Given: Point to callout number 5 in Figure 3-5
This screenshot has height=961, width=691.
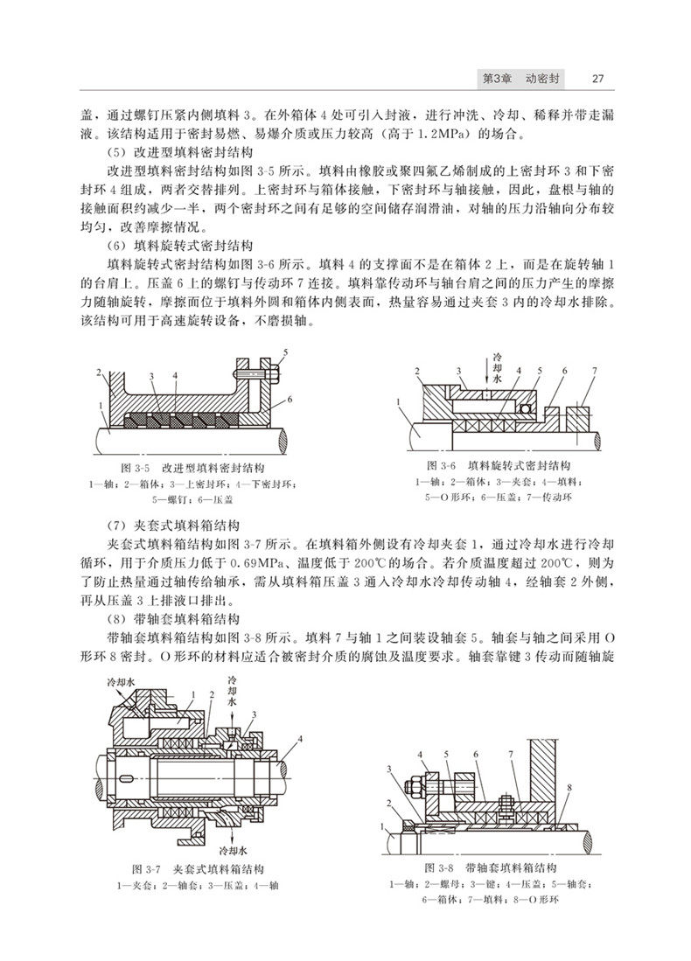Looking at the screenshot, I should point(285,352).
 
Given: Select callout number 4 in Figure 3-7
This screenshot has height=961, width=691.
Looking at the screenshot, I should point(300,740).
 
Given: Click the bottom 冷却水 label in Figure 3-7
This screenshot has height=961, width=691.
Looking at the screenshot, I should point(237,848).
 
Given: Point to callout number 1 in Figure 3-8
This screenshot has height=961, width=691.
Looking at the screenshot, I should point(382,825).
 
